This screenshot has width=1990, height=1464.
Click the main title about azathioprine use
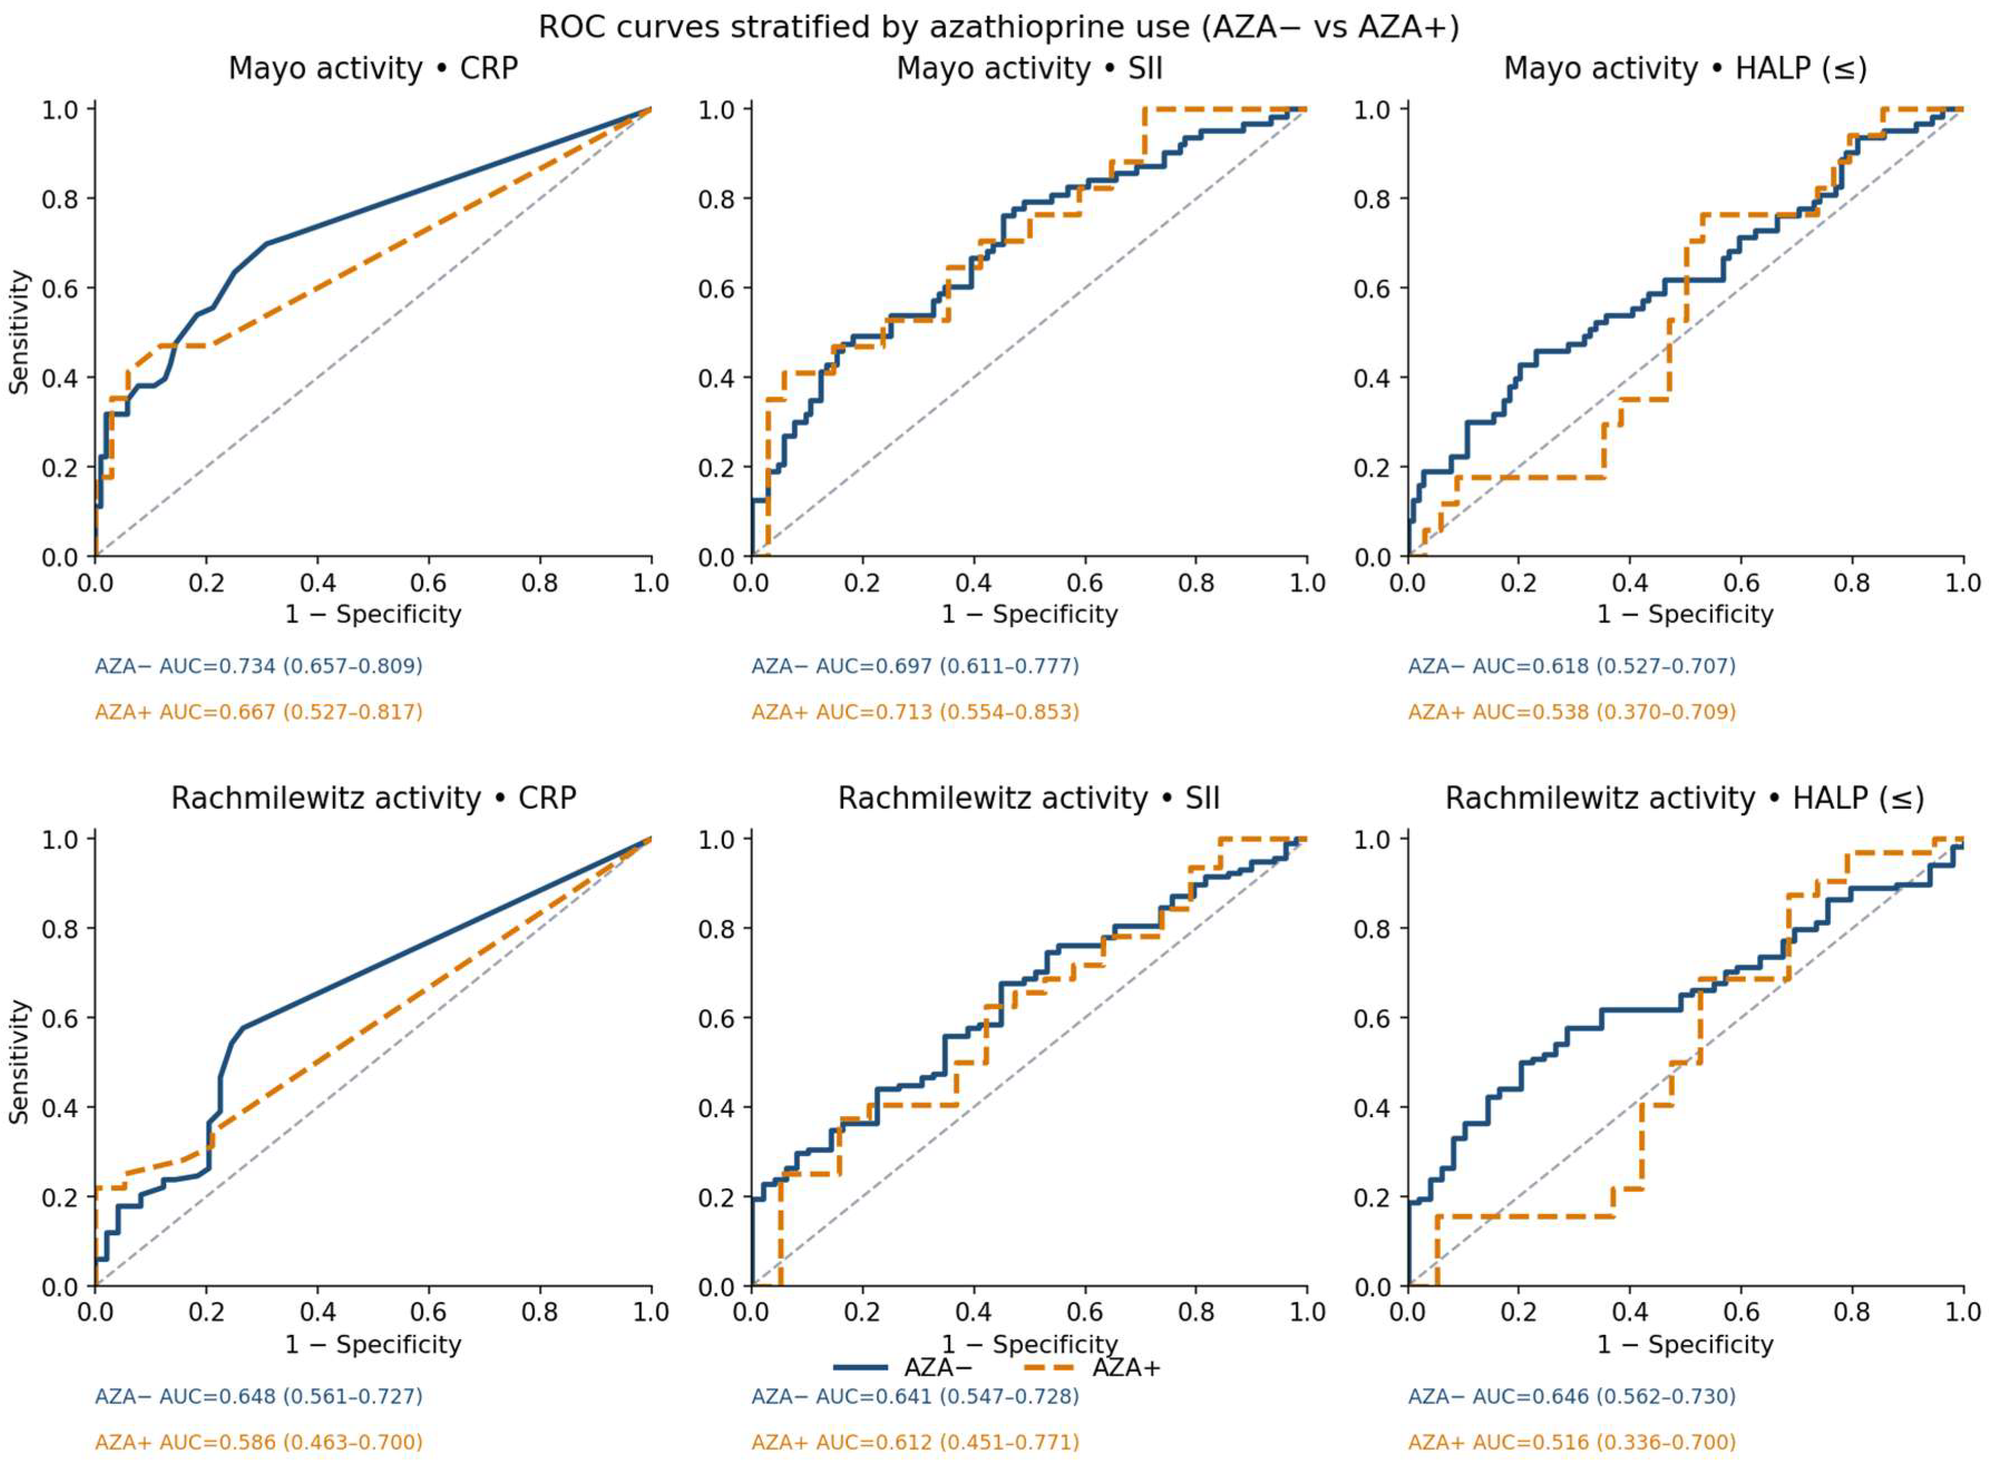pyautogui.click(x=999, y=27)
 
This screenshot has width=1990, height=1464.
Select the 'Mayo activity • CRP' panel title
pyautogui.click(x=373, y=68)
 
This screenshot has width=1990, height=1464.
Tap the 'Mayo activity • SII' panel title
pyautogui.click(x=1029, y=68)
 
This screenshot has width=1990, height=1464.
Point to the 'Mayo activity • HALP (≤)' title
pyautogui.click(x=1685, y=69)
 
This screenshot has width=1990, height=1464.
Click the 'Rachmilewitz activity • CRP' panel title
pyautogui.click(x=373, y=798)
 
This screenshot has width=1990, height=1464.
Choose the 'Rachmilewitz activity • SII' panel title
pyautogui.click(x=1029, y=798)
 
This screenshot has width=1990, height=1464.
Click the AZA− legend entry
pyautogui.click(x=904, y=1367)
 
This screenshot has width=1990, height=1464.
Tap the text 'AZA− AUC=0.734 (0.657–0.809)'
pyautogui.click(x=259, y=666)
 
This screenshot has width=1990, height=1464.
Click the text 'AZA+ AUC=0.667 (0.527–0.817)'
pyautogui.click(x=259, y=711)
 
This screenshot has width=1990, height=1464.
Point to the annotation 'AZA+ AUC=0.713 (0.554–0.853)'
pyautogui.click(x=916, y=711)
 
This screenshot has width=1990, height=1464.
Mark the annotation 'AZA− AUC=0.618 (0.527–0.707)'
pyautogui.click(x=1572, y=666)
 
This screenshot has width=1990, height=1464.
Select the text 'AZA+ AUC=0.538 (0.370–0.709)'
pyautogui.click(x=1572, y=711)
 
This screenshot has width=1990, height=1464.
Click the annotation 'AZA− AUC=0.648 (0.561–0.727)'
pyautogui.click(x=259, y=1396)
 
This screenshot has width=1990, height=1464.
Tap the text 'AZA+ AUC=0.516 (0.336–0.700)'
pyautogui.click(x=1572, y=1442)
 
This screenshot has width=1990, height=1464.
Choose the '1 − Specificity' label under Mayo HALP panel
pyautogui.click(x=1685, y=614)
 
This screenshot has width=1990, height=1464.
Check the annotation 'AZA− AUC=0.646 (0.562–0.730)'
pyautogui.click(x=1572, y=1396)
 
